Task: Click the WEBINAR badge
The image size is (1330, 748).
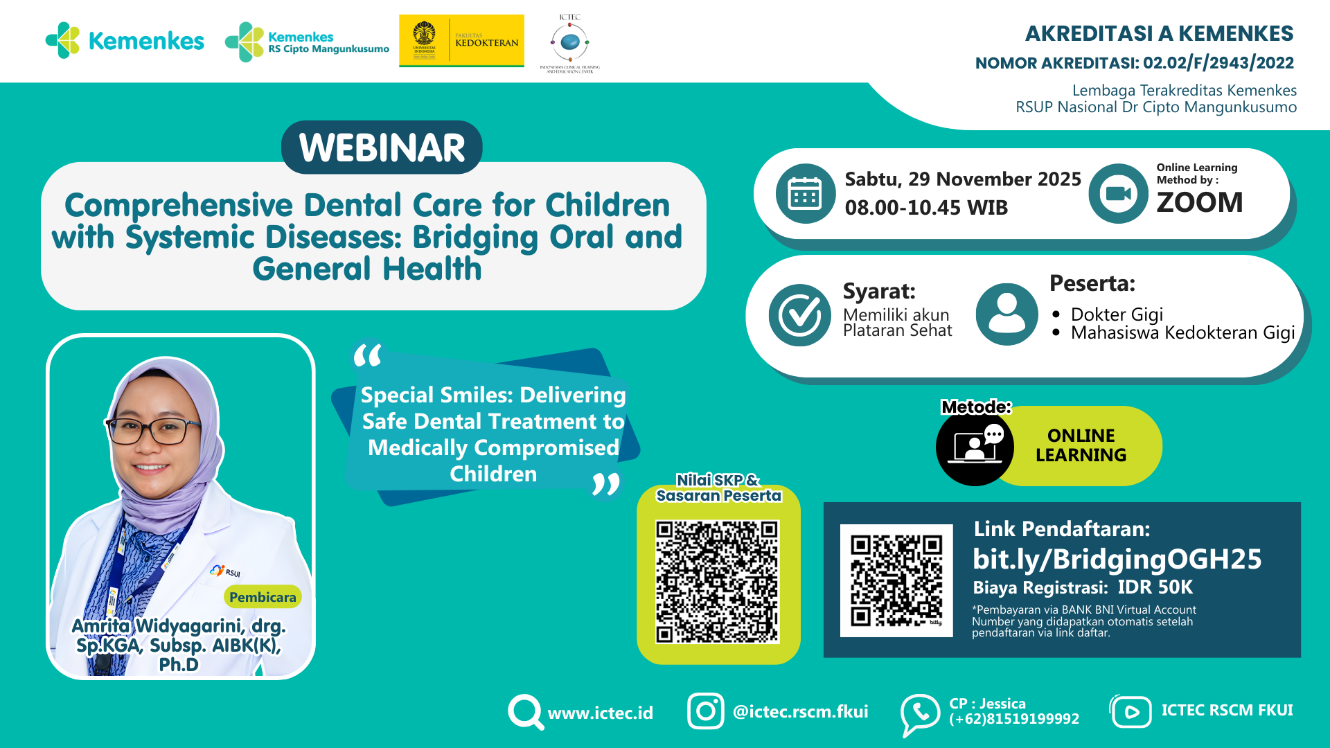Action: click(x=382, y=148)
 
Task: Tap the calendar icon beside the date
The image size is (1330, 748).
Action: click(x=805, y=194)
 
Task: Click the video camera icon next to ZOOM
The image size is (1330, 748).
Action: click(x=1118, y=194)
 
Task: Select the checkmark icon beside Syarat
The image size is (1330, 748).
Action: click(x=799, y=315)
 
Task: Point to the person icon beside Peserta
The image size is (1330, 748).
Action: click(x=1007, y=314)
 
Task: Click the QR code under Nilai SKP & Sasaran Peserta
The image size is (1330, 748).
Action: click(x=718, y=582)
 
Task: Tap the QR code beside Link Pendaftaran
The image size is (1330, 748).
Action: click(x=896, y=580)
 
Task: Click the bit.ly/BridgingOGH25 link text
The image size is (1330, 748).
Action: click(x=1117, y=559)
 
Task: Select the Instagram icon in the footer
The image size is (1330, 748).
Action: click(x=705, y=711)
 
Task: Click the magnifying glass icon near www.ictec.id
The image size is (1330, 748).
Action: click(x=525, y=711)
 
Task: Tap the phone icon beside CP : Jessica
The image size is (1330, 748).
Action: click(x=919, y=713)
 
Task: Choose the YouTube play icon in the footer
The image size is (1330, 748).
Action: click(x=1131, y=712)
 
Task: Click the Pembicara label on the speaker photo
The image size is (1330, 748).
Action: click(x=263, y=597)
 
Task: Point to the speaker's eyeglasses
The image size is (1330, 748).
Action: click(x=154, y=431)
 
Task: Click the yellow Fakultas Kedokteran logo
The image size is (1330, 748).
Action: click(x=461, y=41)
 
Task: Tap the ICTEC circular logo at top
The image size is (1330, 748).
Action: click(x=570, y=42)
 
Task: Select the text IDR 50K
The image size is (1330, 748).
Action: click(x=1155, y=587)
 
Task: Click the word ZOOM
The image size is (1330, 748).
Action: click(x=1199, y=202)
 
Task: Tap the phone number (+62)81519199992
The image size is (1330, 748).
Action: click(x=1013, y=719)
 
